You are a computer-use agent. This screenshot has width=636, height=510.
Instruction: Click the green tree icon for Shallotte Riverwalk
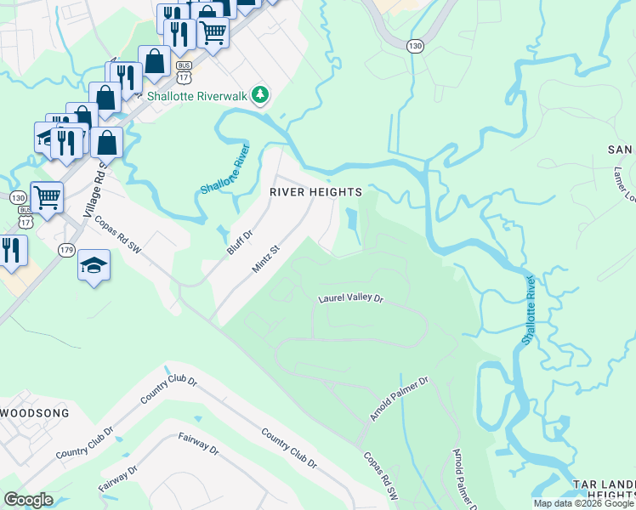pos(261,96)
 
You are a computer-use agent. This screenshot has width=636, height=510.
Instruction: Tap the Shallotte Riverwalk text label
pos(197,96)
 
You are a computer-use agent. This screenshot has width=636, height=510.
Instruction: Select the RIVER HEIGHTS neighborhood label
pos(316,192)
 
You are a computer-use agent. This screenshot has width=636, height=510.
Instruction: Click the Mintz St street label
pos(265,260)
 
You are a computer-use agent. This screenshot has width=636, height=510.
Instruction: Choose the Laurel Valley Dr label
pos(351,299)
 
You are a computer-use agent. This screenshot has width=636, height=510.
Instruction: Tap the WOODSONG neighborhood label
pos(34,412)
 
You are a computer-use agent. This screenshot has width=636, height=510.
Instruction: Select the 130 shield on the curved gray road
pos(414,45)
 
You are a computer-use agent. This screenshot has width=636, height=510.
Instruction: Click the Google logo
pos(28,500)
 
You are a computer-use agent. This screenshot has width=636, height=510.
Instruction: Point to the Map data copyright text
pos(584,503)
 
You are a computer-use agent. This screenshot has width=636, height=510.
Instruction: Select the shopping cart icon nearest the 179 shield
pos(48,198)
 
